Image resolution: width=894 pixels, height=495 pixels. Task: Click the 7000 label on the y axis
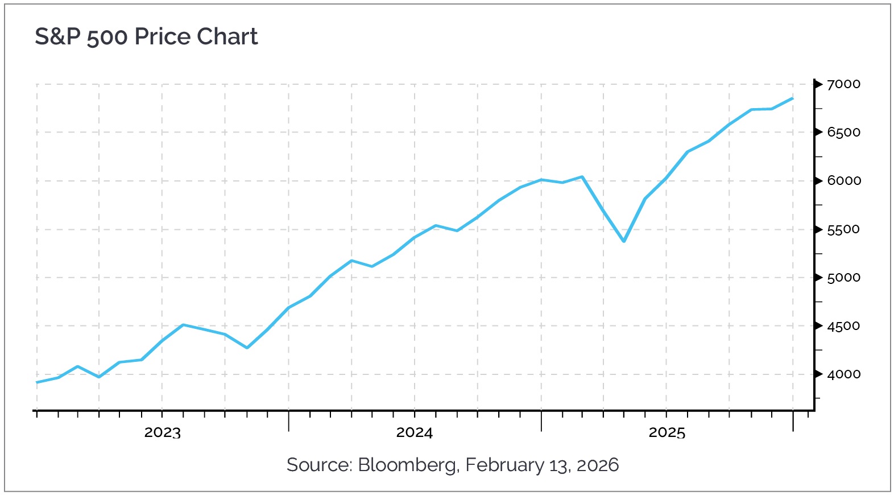[843, 84]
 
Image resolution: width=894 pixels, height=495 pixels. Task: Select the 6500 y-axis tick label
[843, 133]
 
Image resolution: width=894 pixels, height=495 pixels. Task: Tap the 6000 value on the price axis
[843, 181]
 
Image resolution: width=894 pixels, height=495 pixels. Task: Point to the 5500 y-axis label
[843, 230]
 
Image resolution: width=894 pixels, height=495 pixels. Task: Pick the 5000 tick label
[843, 278]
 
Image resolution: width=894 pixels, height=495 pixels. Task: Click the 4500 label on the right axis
[843, 327]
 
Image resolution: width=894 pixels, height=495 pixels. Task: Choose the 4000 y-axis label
[843, 374]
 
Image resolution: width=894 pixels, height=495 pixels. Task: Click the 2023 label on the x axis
[162, 433]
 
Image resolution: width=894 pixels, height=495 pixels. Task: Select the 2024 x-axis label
[414, 433]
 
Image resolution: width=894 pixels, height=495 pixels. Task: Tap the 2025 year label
[667, 433]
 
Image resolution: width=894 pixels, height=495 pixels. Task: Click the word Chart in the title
[227, 37]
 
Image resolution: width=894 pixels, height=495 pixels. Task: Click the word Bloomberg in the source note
[407, 465]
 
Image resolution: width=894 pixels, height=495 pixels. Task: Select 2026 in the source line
[597, 465]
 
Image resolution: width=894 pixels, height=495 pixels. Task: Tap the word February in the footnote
[504, 465]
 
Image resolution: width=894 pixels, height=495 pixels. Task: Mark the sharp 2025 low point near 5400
[624, 241]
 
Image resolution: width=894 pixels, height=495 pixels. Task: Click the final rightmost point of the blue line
[793, 98]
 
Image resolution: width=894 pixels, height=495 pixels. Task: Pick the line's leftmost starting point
[37, 382]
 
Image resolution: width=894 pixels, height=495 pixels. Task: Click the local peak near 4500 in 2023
[183, 325]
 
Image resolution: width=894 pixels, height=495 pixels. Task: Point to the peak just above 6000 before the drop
[582, 176]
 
